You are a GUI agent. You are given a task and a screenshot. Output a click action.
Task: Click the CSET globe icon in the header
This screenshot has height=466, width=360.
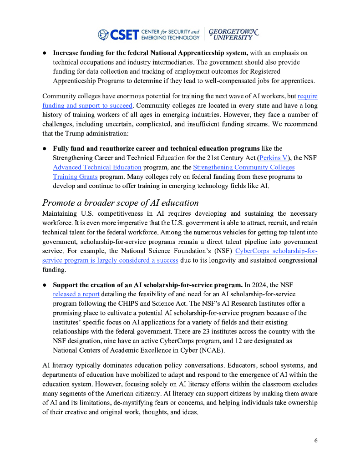pyautogui.click(x=103, y=35)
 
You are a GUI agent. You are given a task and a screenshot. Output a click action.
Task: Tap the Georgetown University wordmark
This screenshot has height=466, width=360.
pyautogui.click(x=233, y=35)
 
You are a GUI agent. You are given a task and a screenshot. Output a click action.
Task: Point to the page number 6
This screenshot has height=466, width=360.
pyautogui.click(x=316, y=441)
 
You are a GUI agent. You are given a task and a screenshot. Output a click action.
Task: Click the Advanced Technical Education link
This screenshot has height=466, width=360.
pyautogui.click(x=97, y=167)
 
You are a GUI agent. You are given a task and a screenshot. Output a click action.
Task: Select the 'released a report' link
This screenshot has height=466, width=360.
pyautogui.click(x=76, y=294)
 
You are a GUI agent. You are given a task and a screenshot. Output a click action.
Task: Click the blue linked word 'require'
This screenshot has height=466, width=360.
pyautogui.click(x=307, y=96)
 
